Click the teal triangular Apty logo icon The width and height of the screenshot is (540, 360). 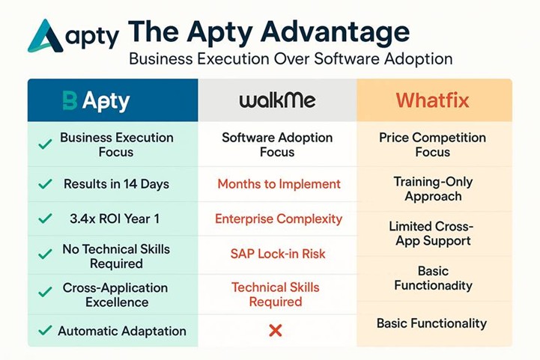pyautogui.click(x=46, y=35)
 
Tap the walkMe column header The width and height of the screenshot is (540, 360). pyautogui.click(x=276, y=100)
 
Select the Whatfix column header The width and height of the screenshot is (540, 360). pyautogui.click(x=434, y=100)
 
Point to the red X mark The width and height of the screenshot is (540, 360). pyautogui.click(x=276, y=329)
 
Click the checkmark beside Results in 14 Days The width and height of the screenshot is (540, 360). pyautogui.click(x=46, y=184)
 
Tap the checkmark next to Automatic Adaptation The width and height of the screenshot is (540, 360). pyautogui.click(x=45, y=330)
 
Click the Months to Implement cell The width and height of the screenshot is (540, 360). pyautogui.click(x=279, y=184)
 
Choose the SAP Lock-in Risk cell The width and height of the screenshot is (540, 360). pyautogui.click(x=278, y=254)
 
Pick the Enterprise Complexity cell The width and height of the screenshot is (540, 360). pyautogui.click(x=278, y=219)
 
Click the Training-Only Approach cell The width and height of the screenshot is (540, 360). pyautogui.click(x=433, y=189)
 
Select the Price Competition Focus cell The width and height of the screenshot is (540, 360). pyautogui.click(x=432, y=145)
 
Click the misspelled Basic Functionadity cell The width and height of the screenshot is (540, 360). pyautogui.click(x=433, y=278)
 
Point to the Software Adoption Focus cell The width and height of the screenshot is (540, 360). pyautogui.click(x=276, y=145)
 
